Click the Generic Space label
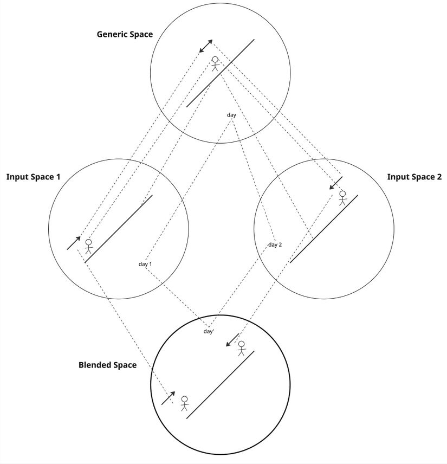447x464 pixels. [125, 34]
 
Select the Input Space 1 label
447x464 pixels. [33, 177]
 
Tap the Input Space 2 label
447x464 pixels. [414, 177]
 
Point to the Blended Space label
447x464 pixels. [107, 365]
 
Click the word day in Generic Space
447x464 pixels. [231, 114]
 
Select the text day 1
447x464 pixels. [145, 264]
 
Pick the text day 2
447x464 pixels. [275, 244]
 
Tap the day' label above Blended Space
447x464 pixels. [209, 331]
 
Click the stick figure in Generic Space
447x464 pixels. [215, 63]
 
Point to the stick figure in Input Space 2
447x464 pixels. [342, 198]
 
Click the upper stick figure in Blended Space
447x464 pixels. [242, 347]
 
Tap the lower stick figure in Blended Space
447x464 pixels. [184, 403]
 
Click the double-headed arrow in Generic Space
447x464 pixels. [205, 48]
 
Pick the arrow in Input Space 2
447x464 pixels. [336, 183]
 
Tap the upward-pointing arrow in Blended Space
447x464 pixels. [169, 398]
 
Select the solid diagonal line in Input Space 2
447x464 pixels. [323, 229]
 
